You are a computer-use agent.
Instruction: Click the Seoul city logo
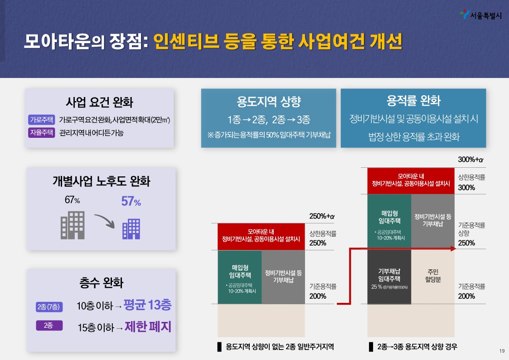point(464,15)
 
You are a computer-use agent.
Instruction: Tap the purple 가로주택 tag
point(42,120)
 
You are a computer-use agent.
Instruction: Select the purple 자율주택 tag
point(42,133)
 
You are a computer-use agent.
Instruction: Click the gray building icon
point(73,225)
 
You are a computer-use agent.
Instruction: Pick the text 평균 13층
point(147,305)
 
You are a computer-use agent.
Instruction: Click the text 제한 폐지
point(148,326)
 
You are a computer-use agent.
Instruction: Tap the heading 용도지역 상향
point(268,102)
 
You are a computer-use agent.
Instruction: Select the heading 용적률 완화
point(413,101)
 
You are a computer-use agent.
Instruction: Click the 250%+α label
point(321,216)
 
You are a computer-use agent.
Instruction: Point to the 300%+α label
point(471,160)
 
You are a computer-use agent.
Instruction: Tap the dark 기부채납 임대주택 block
point(389,277)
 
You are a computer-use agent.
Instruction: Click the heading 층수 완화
point(101,283)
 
